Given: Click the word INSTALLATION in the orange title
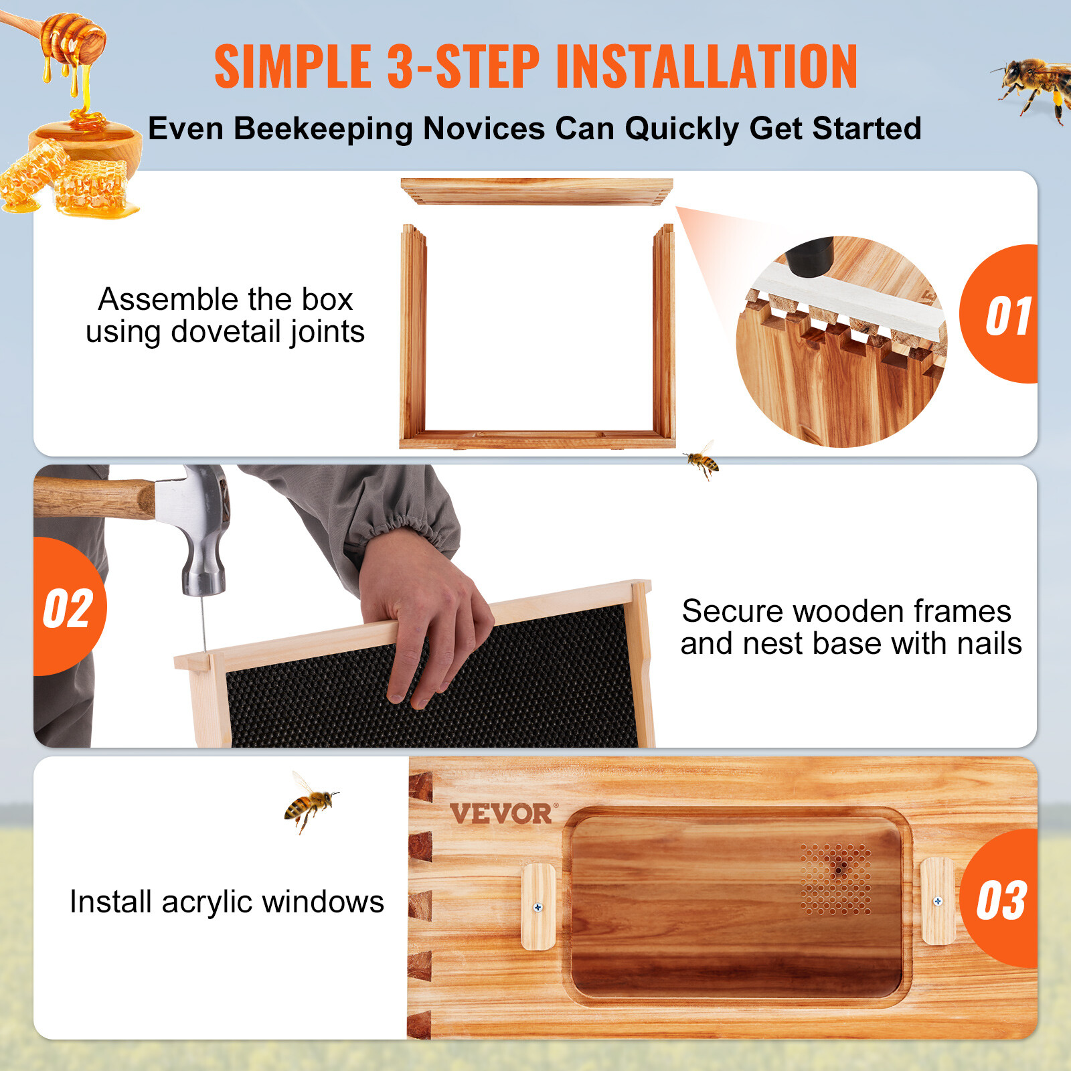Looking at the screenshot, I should pyautogui.click(x=706, y=67).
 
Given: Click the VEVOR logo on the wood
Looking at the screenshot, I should pyautogui.click(x=501, y=814).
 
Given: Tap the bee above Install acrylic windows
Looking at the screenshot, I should pyautogui.click(x=310, y=803).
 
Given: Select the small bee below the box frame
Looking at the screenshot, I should pyautogui.click(x=702, y=461).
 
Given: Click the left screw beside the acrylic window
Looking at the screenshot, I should pyautogui.click(x=538, y=908).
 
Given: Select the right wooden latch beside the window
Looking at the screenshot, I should pyautogui.click(x=937, y=901).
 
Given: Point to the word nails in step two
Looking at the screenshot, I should pyautogui.click(x=989, y=644).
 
